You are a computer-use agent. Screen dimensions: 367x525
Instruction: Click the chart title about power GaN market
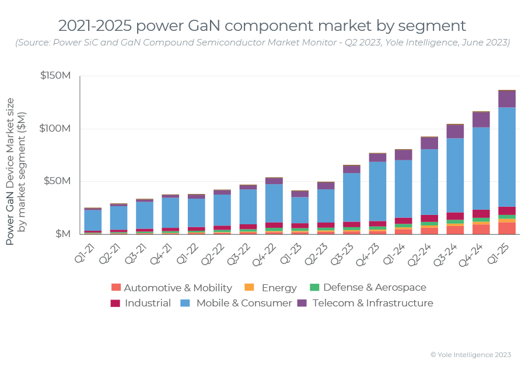(262, 26)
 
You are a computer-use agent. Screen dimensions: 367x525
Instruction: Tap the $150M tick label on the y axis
(55, 76)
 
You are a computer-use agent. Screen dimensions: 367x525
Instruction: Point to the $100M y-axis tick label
(55, 128)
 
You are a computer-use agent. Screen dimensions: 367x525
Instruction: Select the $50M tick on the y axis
(58, 181)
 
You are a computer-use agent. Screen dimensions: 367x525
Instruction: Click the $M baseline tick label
(62, 234)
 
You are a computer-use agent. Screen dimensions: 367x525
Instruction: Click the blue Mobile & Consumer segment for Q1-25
(507, 157)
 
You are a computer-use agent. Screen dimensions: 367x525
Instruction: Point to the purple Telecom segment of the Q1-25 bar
(507, 99)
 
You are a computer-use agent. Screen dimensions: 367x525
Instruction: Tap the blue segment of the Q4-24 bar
(481, 168)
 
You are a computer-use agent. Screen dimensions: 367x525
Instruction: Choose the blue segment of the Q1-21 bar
(93, 220)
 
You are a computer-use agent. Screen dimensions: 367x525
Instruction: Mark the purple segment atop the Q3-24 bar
(455, 131)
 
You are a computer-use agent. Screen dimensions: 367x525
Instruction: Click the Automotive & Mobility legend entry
(171, 288)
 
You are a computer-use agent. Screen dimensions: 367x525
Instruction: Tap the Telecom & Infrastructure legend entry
(365, 304)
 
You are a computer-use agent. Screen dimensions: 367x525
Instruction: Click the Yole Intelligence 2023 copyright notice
(470, 354)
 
